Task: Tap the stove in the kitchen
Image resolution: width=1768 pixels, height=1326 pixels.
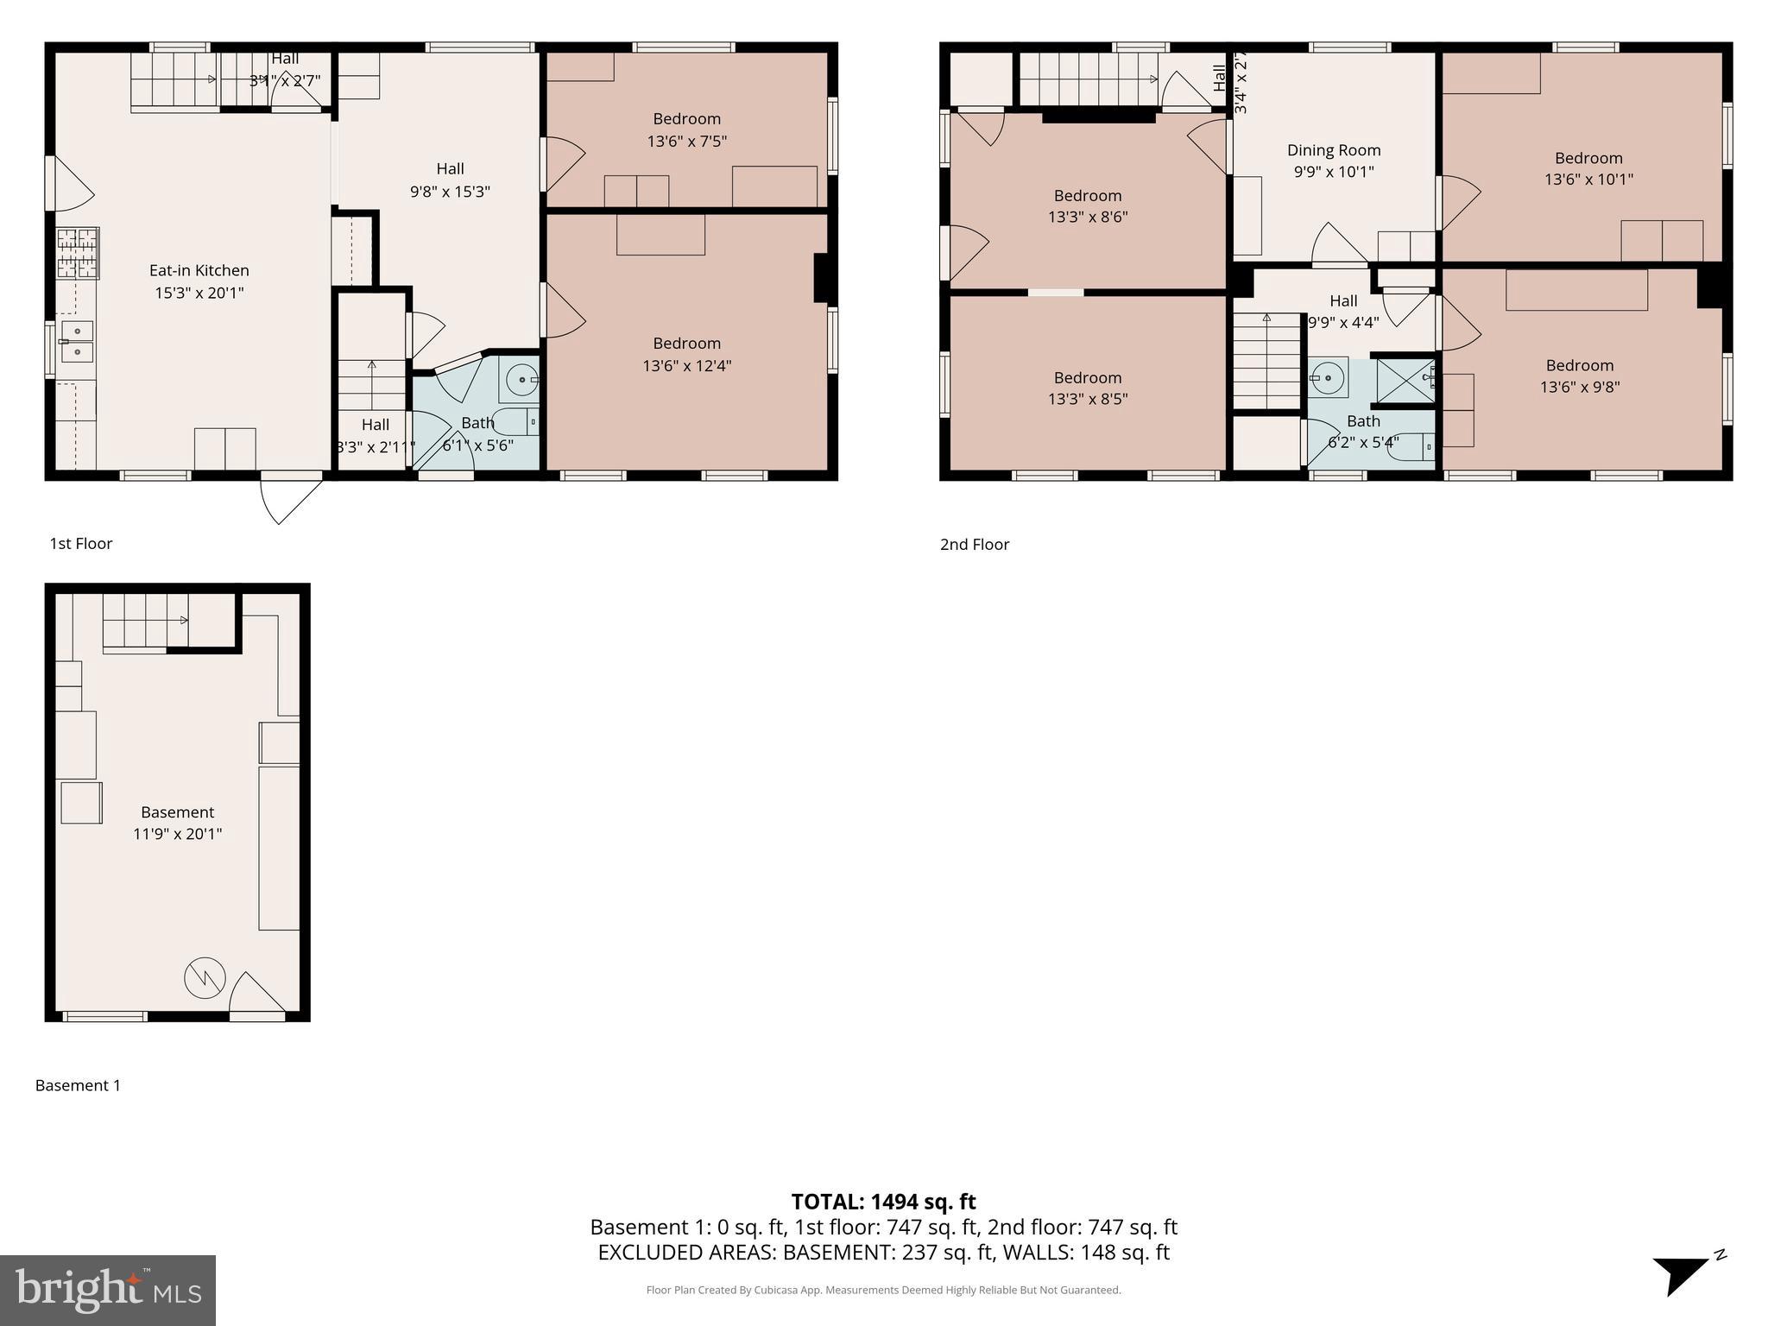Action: pos(78,253)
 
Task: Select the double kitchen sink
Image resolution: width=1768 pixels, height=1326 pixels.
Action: pos(77,342)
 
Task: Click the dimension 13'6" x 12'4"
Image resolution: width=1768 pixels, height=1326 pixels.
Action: pos(686,366)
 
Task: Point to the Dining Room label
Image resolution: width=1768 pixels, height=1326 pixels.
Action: pos(1334,150)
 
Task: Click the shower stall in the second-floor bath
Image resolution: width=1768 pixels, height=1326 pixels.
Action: pos(1405,380)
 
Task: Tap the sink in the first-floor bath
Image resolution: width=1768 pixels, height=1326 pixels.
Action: pos(521,380)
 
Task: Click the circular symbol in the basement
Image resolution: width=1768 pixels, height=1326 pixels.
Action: pos(205,978)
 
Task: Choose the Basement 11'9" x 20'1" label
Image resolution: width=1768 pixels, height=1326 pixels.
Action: pos(177,823)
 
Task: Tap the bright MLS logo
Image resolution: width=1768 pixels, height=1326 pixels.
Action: pos(108,1290)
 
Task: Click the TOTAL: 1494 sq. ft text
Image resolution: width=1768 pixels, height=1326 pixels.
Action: pos(883,1202)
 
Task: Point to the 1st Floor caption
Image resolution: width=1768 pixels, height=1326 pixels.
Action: pos(81,543)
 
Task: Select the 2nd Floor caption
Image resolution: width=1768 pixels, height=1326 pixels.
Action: pos(975,544)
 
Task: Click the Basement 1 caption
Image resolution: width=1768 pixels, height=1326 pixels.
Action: pos(78,1085)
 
